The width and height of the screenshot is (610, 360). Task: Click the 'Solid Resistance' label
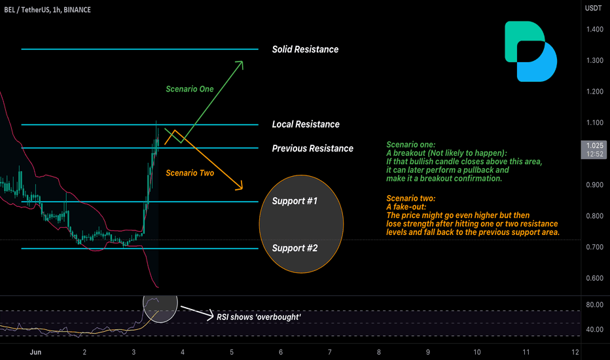(305, 50)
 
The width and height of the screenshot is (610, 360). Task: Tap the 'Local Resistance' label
(306, 124)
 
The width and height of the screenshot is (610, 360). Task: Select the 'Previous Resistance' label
(312, 149)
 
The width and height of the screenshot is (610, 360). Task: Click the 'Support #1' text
(295, 201)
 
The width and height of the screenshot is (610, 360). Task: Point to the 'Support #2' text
(295, 248)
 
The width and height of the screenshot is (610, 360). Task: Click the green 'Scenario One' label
(189, 89)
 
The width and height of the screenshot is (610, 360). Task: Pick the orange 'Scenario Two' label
(190, 173)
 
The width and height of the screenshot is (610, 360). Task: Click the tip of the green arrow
(243, 61)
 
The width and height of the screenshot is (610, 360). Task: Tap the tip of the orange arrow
(242, 190)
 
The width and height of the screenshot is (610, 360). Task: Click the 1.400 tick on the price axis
(595, 29)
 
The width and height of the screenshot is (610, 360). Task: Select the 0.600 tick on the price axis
(595, 278)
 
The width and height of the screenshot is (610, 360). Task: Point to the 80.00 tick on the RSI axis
(595, 305)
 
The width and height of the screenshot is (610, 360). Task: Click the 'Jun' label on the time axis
(35, 352)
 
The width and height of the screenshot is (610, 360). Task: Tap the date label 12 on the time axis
(575, 352)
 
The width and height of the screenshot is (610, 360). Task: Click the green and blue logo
(531, 51)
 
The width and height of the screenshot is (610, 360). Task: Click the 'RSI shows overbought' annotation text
(259, 317)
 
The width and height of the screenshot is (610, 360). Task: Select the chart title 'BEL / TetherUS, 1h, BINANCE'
(48, 10)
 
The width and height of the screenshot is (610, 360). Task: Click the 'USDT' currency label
(593, 8)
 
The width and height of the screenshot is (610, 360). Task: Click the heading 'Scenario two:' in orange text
(411, 198)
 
